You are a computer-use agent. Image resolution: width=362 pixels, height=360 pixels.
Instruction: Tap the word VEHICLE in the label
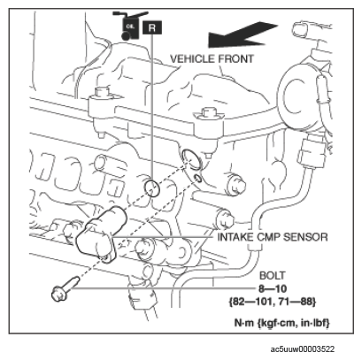coord(192,59)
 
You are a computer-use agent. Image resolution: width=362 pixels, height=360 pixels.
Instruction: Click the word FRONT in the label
coord(235,59)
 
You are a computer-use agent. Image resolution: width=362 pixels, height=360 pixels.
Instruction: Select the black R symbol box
coord(152,27)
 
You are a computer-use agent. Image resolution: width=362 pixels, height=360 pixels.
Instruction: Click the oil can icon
coord(130,26)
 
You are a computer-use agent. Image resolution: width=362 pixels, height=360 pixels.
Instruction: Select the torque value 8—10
coord(273,288)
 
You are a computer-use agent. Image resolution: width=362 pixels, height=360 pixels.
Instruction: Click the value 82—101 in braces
coord(250,302)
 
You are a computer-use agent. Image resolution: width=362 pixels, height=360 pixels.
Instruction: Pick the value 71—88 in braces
coord(297,302)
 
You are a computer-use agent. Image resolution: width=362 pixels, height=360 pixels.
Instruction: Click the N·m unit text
coord(244,323)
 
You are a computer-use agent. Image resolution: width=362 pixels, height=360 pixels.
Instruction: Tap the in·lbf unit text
coord(314,323)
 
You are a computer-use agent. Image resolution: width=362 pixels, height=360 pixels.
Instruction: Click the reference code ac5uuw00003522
coord(303,349)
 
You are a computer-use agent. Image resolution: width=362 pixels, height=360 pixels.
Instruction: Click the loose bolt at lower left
coord(65,289)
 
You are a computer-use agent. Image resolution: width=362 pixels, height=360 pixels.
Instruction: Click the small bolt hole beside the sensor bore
coord(197,178)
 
